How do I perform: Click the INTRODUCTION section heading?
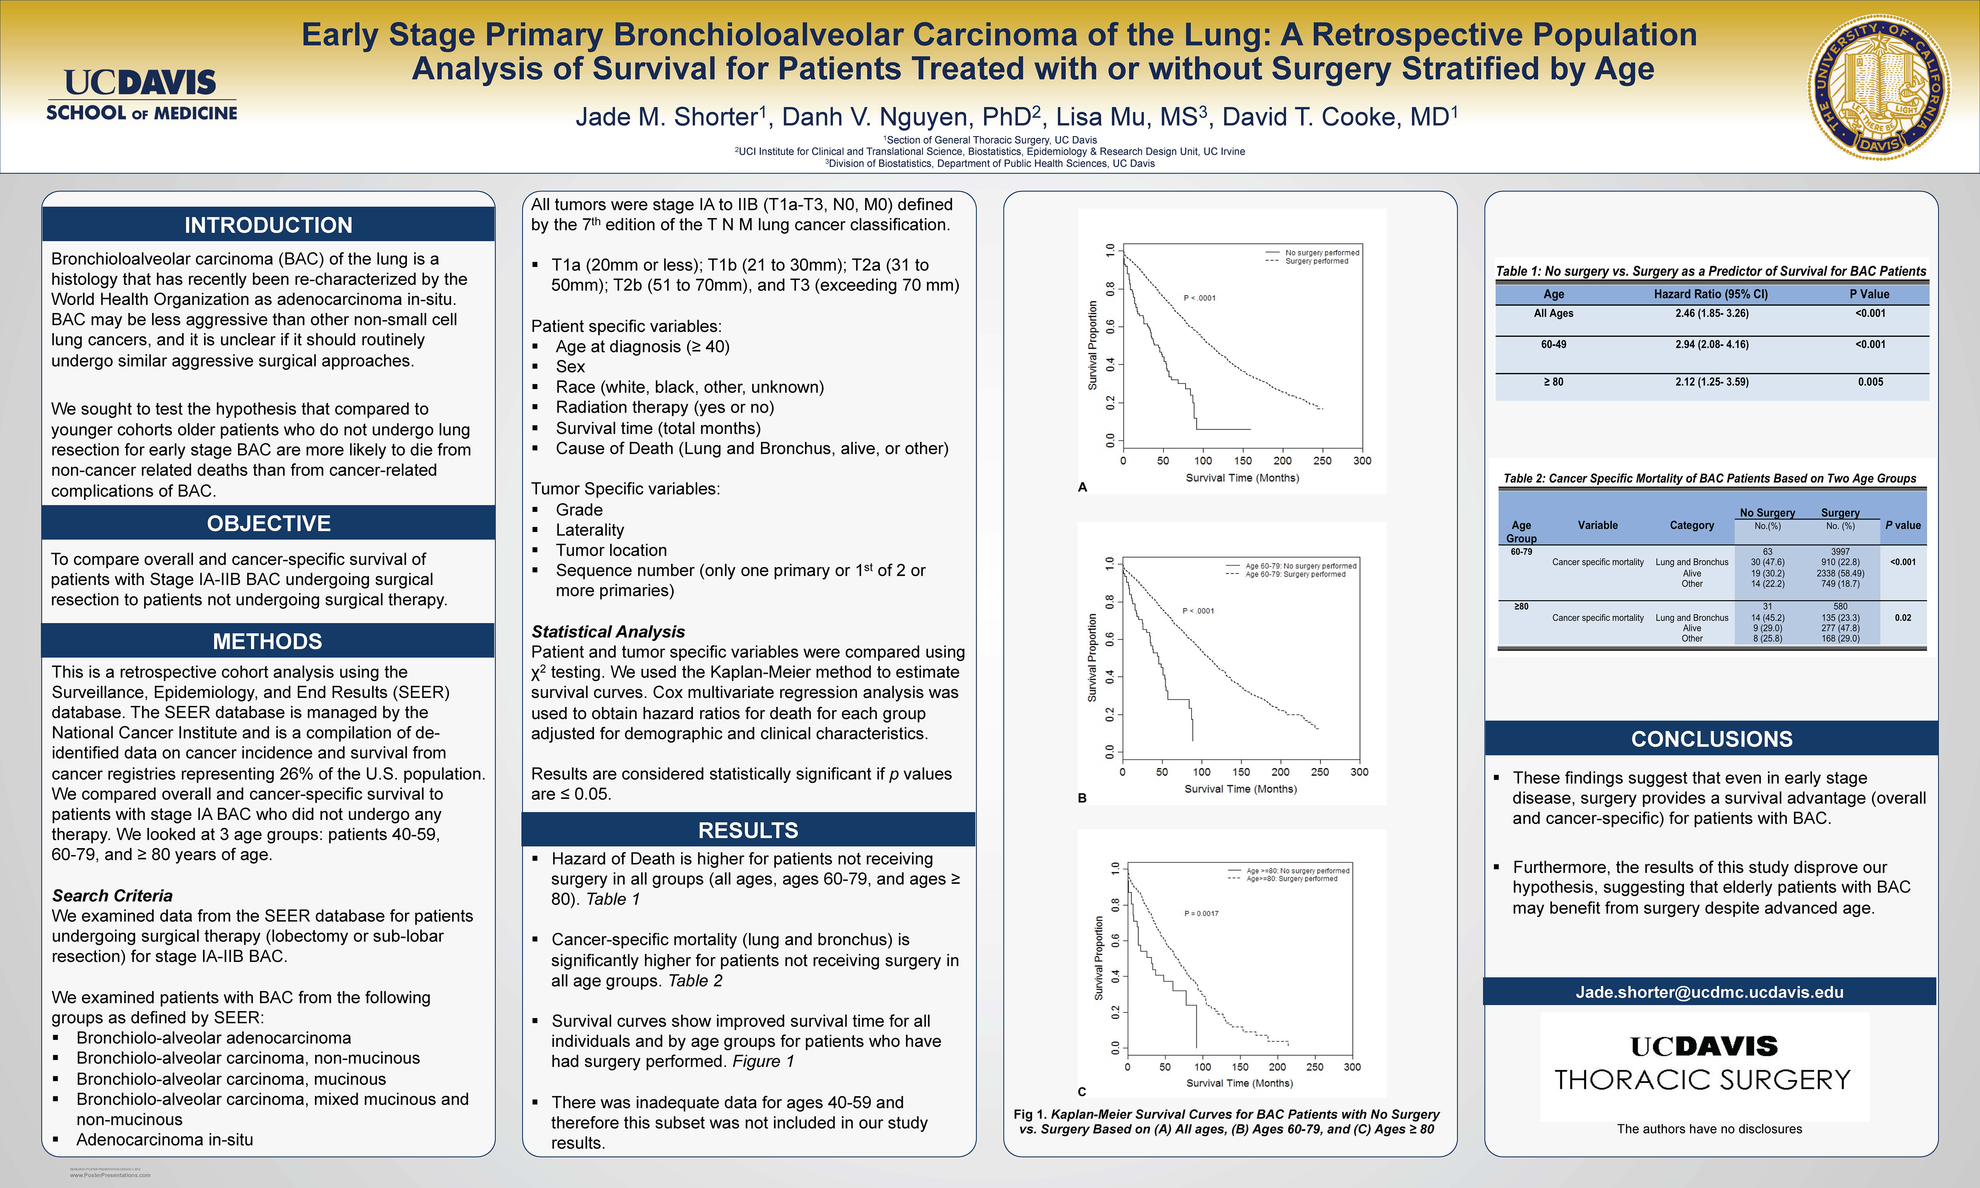268,225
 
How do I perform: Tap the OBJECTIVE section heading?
268,524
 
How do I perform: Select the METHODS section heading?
268,641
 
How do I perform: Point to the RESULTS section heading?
748,830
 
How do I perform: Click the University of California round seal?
1878,86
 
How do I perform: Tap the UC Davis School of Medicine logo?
142,94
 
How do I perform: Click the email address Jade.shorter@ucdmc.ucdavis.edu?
1709,992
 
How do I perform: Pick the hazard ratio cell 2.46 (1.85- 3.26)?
1712,314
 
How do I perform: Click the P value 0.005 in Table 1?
1870,382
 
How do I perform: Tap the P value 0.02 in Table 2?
1903,618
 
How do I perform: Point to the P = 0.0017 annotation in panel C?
1201,913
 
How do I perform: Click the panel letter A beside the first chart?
1083,487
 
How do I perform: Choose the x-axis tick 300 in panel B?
1359,772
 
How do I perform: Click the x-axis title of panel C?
1239,1083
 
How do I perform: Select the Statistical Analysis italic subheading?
608,632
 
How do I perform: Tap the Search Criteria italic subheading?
112,896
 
